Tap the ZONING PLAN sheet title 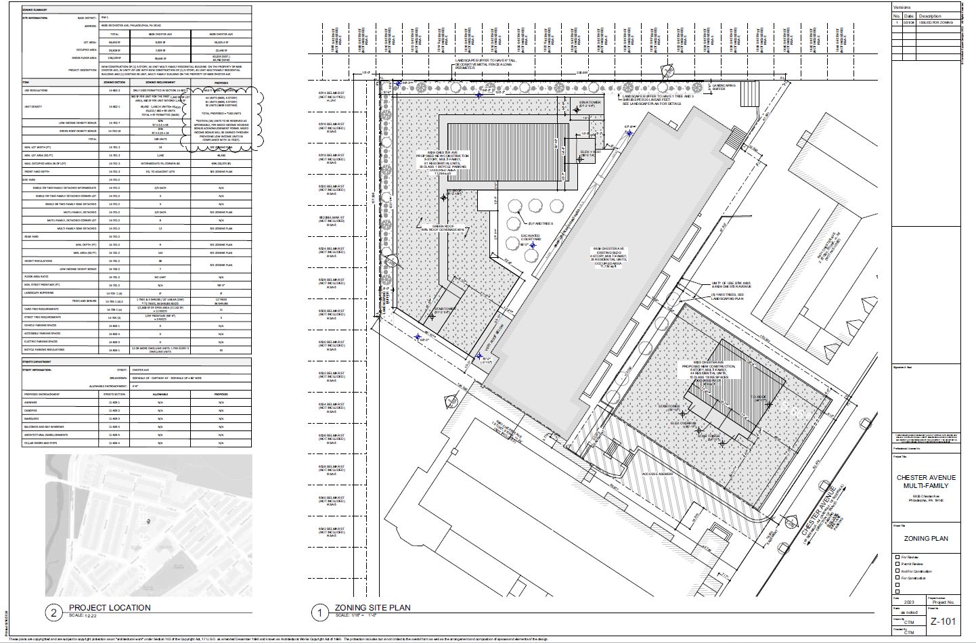pyautogui.click(x=926, y=539)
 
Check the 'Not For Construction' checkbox pyautogui.click(x=897, y=571)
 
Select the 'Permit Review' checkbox pyautogui.click(x=897, y=564)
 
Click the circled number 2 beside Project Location pyautogui.click(x=53, y=613)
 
